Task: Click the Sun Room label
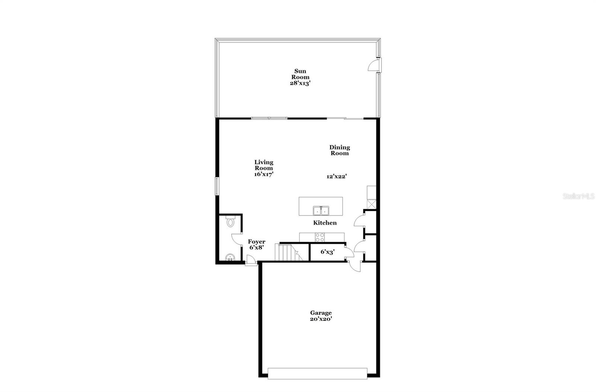[x=300, y=74]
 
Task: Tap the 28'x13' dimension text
[x=300, y=83]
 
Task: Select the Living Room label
[x=264, y=165]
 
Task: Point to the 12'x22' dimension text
[x=337, y=176]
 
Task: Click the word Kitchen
[x=325, y=223]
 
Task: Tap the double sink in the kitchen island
[x=321, y=211]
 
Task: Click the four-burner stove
[x=320, y=237]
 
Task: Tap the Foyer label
[x=257, y=242]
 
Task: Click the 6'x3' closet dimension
[x=327, y=252]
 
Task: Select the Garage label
[x=321, y=313]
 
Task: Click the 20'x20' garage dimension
[x=321, y=319]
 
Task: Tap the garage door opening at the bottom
[x=317, y=373]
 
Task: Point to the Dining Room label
[x=339, y=150]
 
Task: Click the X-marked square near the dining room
[x=371, y=204]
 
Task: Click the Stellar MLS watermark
[x=578, y=196]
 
